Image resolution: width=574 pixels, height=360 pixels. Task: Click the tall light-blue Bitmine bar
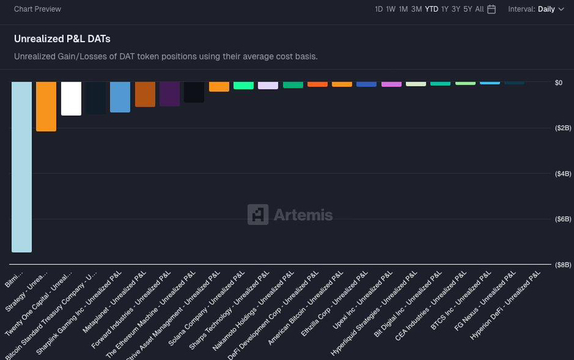click(21, 166)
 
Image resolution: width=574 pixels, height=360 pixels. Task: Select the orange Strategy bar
click(46, 106)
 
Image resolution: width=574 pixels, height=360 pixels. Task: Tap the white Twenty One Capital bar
click(71, 98)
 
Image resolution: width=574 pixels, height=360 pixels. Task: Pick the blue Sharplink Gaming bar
click(120, 97)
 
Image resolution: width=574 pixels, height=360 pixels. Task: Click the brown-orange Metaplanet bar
click(145, 94)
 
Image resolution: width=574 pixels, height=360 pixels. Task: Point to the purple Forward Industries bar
click(170, 93)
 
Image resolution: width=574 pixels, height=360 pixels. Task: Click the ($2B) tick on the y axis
click(544, 128)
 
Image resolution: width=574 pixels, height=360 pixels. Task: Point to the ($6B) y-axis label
click(544, 219)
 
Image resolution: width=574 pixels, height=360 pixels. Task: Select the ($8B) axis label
click(544, 264)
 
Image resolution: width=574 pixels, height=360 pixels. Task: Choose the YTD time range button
click(431, 9)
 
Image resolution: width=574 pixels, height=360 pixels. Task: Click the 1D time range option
click(379, 9)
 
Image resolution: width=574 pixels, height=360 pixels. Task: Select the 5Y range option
click(467, 9)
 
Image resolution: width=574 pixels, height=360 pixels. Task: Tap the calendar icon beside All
click(492, 9)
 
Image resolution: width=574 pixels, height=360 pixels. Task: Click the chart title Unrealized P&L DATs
click(62, 39)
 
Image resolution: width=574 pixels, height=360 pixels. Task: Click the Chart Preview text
click(37, 9)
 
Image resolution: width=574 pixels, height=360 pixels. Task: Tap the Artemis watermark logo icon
click(258, 215)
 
